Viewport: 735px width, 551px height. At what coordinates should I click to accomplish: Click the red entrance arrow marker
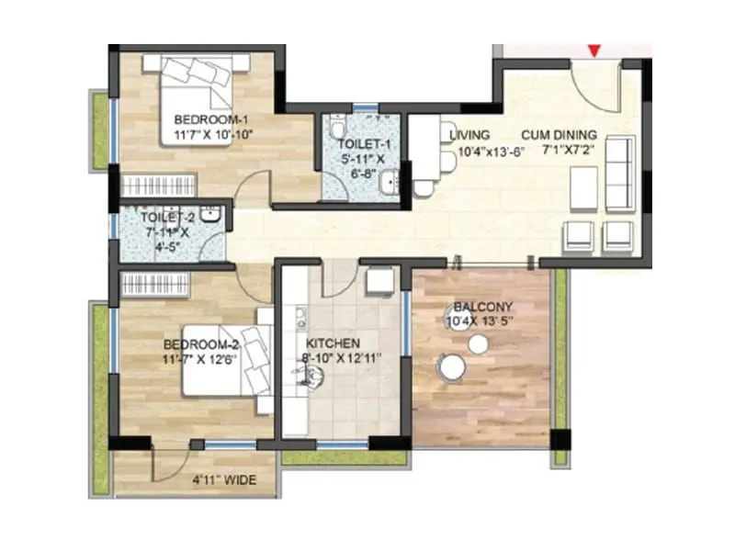595,50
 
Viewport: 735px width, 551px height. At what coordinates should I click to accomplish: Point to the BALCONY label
482,307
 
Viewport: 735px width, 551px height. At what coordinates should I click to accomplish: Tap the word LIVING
469,135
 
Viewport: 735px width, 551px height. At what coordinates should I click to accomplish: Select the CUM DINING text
560,134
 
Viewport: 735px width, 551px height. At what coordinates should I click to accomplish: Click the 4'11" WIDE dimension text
223,479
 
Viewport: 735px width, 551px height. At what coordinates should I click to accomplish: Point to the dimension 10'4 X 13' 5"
483,321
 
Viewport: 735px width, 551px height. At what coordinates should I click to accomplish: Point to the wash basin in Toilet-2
210,217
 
